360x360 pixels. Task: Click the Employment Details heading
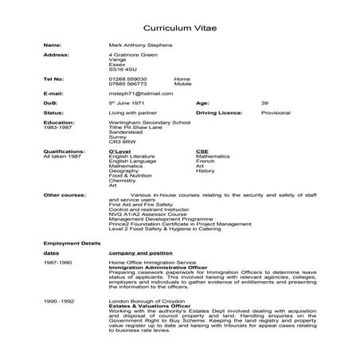72,242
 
